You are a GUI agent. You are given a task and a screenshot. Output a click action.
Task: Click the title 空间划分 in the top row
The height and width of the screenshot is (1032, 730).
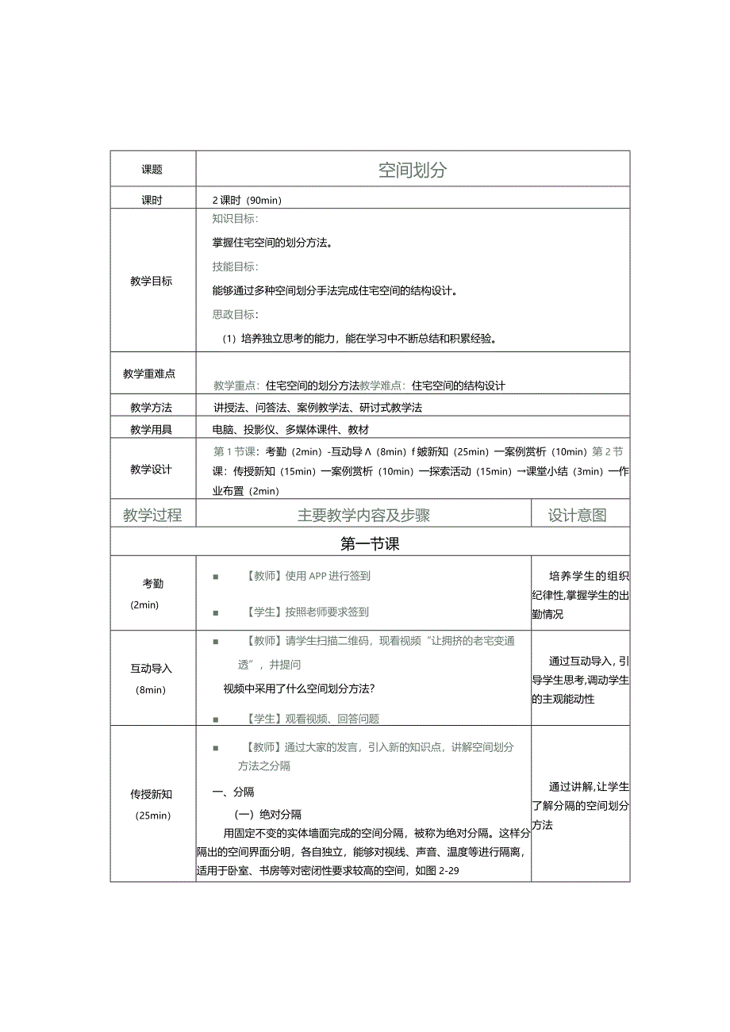click(412, 170)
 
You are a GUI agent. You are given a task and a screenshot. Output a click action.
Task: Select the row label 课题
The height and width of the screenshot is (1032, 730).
click(152, 169)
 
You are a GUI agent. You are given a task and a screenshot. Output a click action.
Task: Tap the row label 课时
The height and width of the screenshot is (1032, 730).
click(152, 200)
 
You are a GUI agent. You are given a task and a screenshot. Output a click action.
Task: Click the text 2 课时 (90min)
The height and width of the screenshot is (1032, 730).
click(247, 200)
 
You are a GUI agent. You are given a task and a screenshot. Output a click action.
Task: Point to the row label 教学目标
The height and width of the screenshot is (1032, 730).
click(152, 281)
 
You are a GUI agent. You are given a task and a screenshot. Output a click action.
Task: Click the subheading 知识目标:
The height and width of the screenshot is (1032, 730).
click(235, 219)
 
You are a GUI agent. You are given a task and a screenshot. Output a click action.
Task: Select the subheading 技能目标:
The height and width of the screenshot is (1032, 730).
click(235, 267)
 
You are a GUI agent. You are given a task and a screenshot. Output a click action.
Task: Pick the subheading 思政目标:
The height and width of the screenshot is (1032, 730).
click(235, 315)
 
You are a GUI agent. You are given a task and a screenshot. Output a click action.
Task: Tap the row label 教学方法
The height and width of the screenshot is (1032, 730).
click(152, 408)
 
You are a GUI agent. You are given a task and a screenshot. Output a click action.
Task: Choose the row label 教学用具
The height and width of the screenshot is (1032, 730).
click(152, 429)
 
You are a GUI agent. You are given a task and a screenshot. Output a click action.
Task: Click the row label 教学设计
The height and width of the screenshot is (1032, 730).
click(152, 469)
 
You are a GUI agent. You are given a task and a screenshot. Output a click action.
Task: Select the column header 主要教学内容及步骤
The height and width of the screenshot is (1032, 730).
click(363, 515)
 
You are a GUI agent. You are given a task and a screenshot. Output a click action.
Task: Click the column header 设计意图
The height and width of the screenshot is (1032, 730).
click(577, 515)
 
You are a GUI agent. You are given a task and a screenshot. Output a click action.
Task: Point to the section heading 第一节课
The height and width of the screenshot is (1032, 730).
click(370, 544)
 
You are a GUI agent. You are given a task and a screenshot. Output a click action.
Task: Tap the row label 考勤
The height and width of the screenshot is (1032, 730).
click(153, 584)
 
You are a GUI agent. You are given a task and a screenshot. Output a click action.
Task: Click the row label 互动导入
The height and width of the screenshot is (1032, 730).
click(152, 669)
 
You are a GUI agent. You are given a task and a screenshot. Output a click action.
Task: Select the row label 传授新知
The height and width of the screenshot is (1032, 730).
click(152, 794)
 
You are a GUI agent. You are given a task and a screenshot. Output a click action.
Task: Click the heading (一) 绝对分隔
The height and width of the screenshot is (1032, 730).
click(267, 815)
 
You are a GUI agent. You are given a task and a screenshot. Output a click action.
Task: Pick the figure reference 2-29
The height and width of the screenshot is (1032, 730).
click(449, 870)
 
